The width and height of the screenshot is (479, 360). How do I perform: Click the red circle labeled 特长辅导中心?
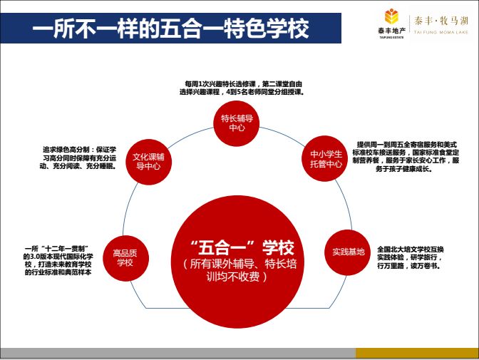coord(236,123)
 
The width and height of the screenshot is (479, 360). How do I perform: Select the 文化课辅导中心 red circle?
coord(148,162)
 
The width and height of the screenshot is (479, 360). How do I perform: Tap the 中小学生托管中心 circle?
coord(326,159)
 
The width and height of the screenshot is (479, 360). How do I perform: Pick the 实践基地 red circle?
coord(348,252)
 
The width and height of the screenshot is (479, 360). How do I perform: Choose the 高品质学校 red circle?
coord(125,258)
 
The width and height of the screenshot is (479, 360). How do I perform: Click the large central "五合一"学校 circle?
coord(237,262)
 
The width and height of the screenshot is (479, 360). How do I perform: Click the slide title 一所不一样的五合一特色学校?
coord(171,29)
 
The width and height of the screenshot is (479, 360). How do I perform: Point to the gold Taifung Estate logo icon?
coord(391,17)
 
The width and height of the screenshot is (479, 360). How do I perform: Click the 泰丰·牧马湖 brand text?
coord(441,21)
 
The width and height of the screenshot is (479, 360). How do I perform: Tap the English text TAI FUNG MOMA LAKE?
coord(441,32)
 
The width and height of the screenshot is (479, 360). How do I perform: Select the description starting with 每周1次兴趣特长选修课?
coord(242,88)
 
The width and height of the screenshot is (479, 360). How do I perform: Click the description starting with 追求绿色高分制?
coord(78,158)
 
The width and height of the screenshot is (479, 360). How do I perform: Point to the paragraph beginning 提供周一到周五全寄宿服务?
coord(406,156)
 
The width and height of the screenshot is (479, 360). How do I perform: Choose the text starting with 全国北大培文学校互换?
coord(411,257)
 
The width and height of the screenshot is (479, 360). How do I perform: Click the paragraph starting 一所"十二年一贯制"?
coord(59,260)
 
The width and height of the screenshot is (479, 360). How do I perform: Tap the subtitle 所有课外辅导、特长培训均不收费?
coord(239,270)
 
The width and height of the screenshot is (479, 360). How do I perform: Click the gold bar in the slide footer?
coord(417,353)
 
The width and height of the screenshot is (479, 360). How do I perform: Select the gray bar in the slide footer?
coord(177,353)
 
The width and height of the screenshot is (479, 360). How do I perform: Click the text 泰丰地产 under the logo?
coord(391,31)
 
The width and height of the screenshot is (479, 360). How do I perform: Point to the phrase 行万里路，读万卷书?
coord(409,266)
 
